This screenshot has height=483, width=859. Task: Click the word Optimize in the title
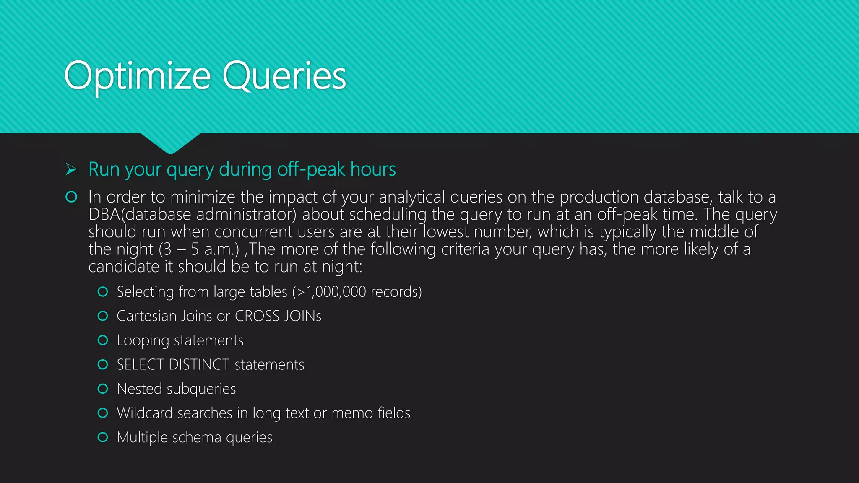pyautogui.click(x=137, y=76)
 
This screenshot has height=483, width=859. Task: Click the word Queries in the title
pyautogui.click(x=284, y=76)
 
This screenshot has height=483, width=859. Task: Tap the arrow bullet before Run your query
pyautogui.click(x=71, y=169)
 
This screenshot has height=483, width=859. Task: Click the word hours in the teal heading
pyautogui.click(x=373, y=169)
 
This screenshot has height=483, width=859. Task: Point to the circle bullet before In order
pyautogui.click(x=71, y=197)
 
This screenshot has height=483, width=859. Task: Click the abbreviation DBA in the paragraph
pyautogui.click(x=104, y=214)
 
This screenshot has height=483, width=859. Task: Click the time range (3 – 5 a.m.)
pyautogui.click(x=199, y=249)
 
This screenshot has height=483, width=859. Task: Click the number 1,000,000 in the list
pyautogui.click(x=336, y=292)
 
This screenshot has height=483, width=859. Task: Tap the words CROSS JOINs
pyautogui.click(x=278, y=316)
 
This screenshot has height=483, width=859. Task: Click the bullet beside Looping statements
pyautogui.click(x=103, y=340)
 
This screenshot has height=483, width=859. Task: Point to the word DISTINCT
pyautogui.click(x=199, y=365)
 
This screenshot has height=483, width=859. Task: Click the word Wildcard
pyautogui.click(x=144, y=413)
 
